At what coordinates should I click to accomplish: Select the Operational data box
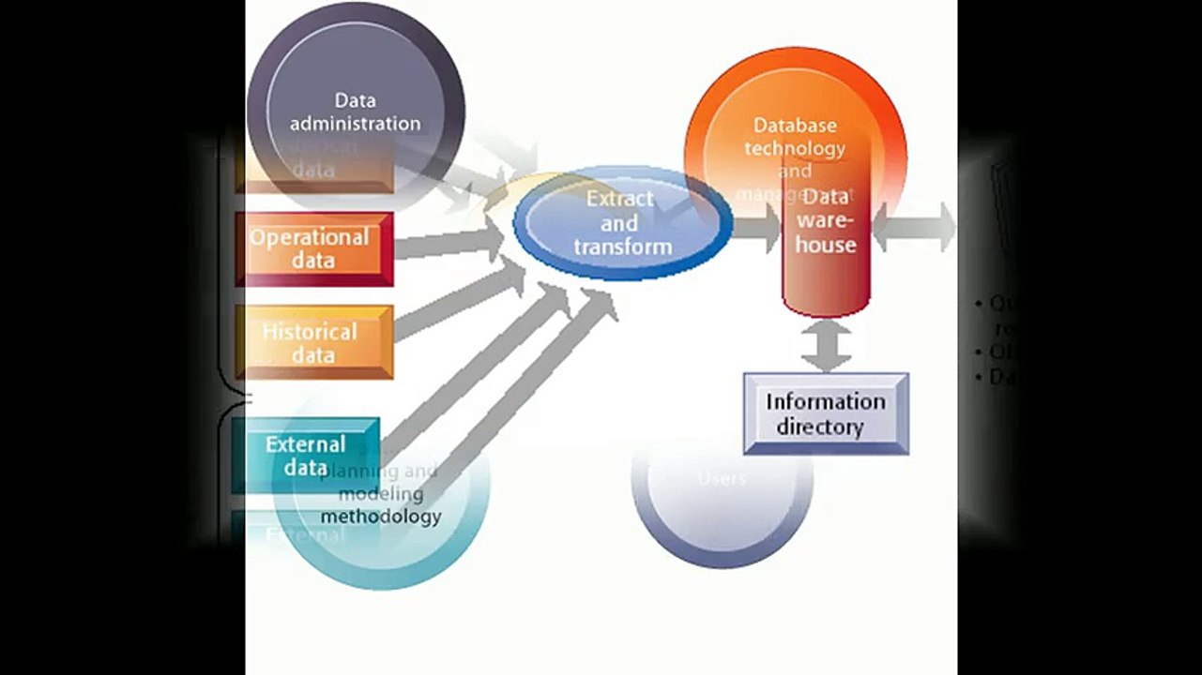pos(313,248)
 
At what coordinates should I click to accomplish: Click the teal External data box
pos(306,455)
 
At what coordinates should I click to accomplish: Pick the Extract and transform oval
pos(622,223)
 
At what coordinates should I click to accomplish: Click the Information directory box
pos(826,413)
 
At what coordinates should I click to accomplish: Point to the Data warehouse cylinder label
pos(826,221)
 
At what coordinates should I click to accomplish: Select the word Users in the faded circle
pos(723,478)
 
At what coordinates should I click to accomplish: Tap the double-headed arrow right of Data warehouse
pos(913,226)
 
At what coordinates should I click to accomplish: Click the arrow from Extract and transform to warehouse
pos(756,227)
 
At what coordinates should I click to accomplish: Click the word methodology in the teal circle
pos(381,516)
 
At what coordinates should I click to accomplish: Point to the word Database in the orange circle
pos(795,125)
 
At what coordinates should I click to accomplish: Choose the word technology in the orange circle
pos(795,148)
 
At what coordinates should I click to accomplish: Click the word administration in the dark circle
pos(355,123)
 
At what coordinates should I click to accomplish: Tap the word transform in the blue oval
pos(623,247)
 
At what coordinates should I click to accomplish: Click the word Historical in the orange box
pos(310,331)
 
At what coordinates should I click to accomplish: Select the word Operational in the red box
pos(309,237)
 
